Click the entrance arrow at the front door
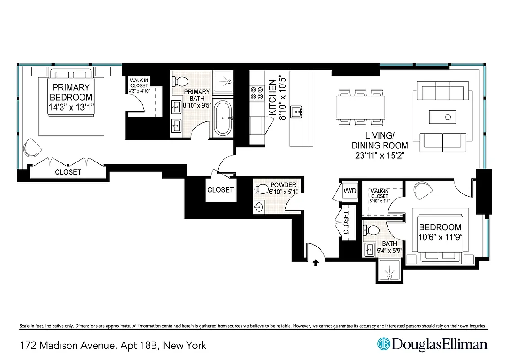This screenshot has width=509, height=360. pos(316,262)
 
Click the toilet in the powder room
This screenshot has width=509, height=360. pos(262,189)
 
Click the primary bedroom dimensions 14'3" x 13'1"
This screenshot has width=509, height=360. pos(71,108)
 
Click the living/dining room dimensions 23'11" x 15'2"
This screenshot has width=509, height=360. pos(380,156)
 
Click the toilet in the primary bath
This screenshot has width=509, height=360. pos(181,82)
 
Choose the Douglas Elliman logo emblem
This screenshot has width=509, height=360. pos(383,345)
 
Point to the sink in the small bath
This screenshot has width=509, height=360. pos(370,249)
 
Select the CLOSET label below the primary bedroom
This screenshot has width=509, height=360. pos(68,172)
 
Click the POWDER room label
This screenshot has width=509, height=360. pos(283,185)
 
